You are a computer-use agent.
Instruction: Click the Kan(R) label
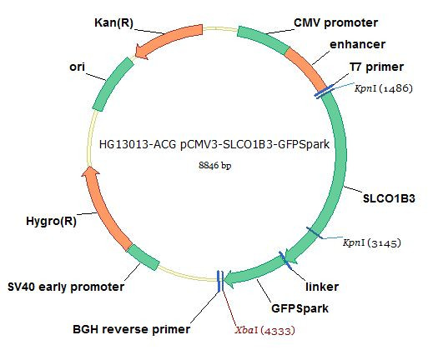(114, 23)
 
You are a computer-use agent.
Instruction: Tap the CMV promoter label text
(335, 22)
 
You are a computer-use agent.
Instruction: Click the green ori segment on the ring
(112, 83)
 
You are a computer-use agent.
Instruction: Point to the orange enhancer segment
(307, 67)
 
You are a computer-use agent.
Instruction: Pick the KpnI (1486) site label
(383, 88)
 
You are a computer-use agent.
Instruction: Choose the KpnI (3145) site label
(372, 242)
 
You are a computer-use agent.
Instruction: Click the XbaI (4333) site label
(264, 331)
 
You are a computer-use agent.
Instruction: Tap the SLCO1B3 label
(389, 198)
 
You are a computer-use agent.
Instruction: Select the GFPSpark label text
(300, 308)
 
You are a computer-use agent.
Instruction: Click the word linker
(322, 287)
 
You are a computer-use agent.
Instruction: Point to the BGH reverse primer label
(131, 329)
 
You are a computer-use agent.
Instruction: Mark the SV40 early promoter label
(66, 287)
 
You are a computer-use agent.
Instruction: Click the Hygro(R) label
(51, 222)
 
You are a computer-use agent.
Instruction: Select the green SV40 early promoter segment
(144, 257)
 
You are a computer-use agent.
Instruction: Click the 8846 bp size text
(215, 166)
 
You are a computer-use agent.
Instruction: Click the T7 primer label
(376, 67)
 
